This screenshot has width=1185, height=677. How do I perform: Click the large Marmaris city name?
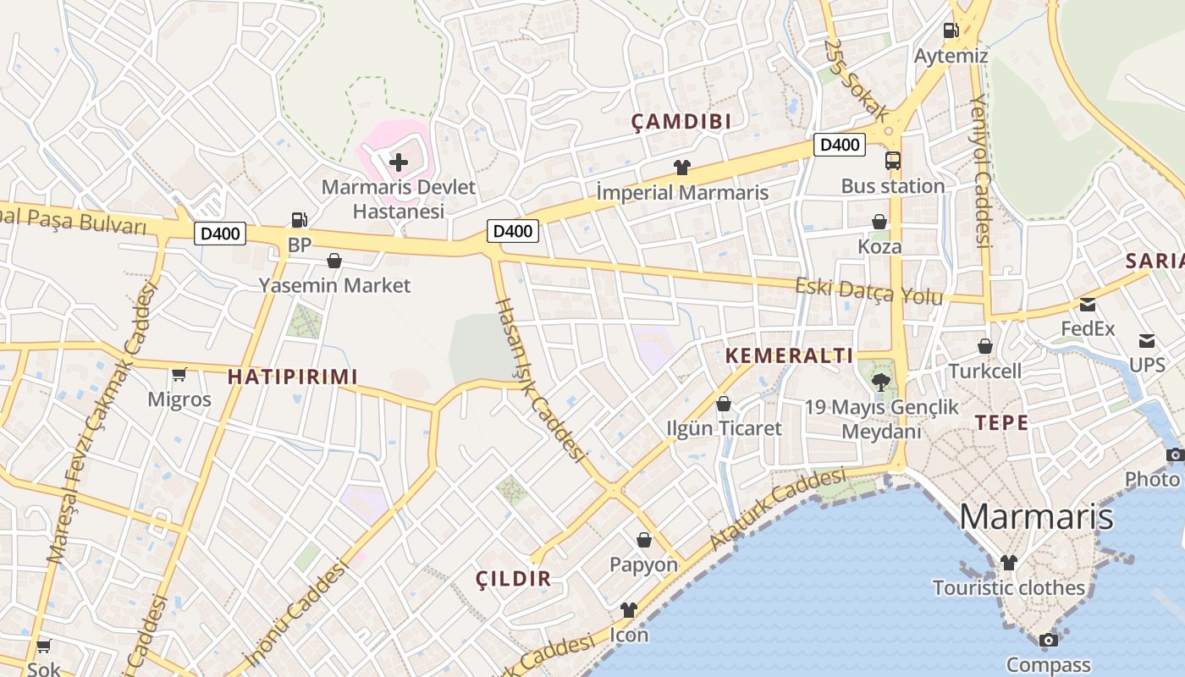[x=1036, y=516]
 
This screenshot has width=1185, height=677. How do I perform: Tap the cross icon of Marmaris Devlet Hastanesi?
[x=398, y=162]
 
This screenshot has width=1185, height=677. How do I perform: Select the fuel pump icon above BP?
[x=299, y=220]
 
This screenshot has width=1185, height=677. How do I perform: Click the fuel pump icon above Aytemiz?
[x=951, y=30]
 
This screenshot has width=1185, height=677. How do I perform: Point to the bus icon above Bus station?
[x=893, y=161]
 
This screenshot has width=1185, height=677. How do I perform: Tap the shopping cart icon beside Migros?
[x=179, y=374]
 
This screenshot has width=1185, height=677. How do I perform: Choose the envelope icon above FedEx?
[x=1088, y=304]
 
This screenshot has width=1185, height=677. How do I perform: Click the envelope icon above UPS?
[x=1147, y=341]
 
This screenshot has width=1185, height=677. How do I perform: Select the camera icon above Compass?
[x=1048, y=641]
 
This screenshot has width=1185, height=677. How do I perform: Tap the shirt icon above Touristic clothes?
[x=1008, y=563]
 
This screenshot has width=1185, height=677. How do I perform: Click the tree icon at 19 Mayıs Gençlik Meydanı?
[x=881, y=382]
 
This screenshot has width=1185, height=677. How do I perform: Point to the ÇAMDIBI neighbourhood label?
[x=681, y=122]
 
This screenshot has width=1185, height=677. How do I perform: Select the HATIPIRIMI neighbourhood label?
[x=293, y=377]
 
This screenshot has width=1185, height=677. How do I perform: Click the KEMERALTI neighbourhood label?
[x=789, y=355]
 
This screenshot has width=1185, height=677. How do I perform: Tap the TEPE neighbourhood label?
[x=1001, y=423]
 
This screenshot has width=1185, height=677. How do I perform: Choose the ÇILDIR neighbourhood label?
[x=513, y=579]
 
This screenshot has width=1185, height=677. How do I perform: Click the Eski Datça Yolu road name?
[x=868, y=290]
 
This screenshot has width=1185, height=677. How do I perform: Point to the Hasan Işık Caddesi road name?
[x=540, y=380]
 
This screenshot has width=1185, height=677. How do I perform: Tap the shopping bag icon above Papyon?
[x=644, y=540]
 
